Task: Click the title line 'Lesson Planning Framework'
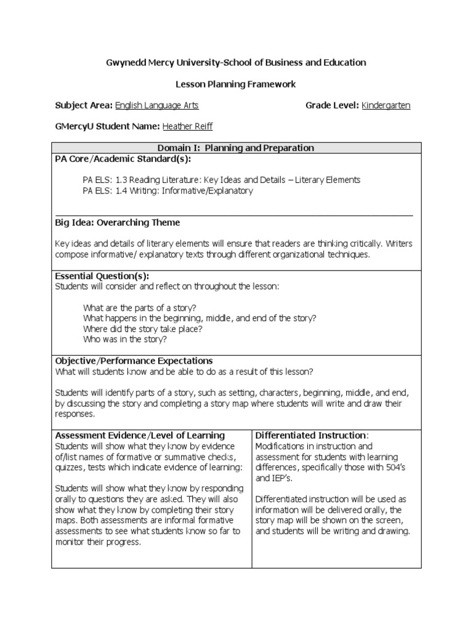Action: point(236,84)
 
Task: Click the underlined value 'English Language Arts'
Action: point(157,105)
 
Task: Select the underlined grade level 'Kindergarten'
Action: point(386,105)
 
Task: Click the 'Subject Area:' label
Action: point(83,105)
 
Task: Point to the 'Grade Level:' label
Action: point(332,105)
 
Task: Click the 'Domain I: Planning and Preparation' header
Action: point(236,148)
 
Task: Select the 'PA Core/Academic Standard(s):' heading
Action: point(123,158)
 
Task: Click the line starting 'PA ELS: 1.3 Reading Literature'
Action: point(221,180)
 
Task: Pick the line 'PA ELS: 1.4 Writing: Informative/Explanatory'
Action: point(168,190)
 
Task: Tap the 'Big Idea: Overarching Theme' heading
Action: point(118,222)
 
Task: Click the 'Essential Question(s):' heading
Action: point(102,275)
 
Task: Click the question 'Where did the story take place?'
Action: point(142,328)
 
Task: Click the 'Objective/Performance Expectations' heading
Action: point(134,360)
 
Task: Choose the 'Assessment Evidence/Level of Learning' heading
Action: point(140,435)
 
